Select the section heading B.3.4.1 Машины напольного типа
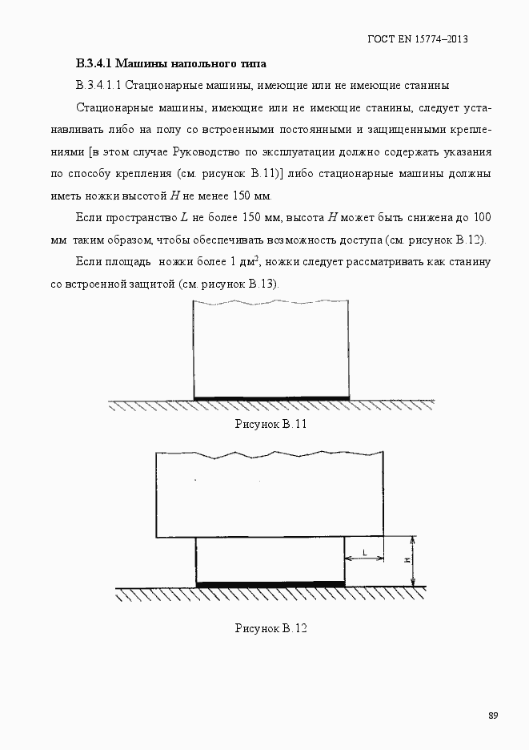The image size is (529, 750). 170,62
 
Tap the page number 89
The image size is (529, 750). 493,716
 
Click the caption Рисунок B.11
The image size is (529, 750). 271,424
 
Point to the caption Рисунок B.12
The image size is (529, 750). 271,628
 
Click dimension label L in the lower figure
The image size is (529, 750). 365,552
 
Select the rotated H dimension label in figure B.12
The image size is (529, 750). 407,561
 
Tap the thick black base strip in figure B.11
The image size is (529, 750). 271,398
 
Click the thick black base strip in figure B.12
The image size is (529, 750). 271,584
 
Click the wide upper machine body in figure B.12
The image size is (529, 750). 270,497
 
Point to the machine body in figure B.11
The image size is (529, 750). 271,349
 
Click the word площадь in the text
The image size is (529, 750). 130,261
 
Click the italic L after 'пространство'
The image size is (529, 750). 184,217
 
